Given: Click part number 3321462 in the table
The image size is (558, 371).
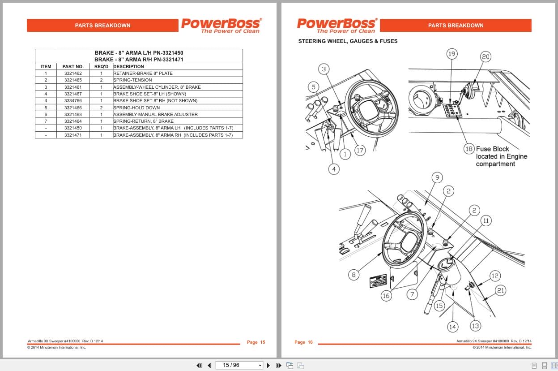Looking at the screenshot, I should (73, 73).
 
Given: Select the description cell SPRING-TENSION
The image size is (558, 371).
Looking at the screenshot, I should (132, 80).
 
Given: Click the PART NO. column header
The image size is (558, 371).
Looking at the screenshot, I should (73, 66).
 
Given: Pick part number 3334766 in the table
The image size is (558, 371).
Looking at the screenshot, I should (73, 101).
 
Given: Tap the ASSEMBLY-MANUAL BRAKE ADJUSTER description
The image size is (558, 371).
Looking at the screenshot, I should (155, 114).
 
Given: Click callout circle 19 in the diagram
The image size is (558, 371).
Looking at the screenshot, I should (452, 54).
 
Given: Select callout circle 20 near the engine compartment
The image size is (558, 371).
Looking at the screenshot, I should (486, 56).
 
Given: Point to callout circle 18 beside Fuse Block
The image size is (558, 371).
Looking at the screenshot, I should (469, 149).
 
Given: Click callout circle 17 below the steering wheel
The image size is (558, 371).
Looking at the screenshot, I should (360, 151).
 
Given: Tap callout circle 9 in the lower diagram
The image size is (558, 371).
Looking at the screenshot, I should (437, 177).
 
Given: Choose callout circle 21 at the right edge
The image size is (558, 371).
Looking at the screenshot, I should (500, 291).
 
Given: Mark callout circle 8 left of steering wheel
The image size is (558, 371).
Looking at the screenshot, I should (354, 275).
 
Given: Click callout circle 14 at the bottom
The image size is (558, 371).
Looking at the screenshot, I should (452, 327).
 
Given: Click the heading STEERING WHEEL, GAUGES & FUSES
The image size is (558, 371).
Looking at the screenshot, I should (348, 41).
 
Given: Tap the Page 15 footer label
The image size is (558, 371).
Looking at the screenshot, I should (256, 342).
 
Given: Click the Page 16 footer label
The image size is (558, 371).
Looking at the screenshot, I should (303, 342).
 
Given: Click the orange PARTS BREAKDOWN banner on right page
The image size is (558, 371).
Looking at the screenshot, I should (456, 26).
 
